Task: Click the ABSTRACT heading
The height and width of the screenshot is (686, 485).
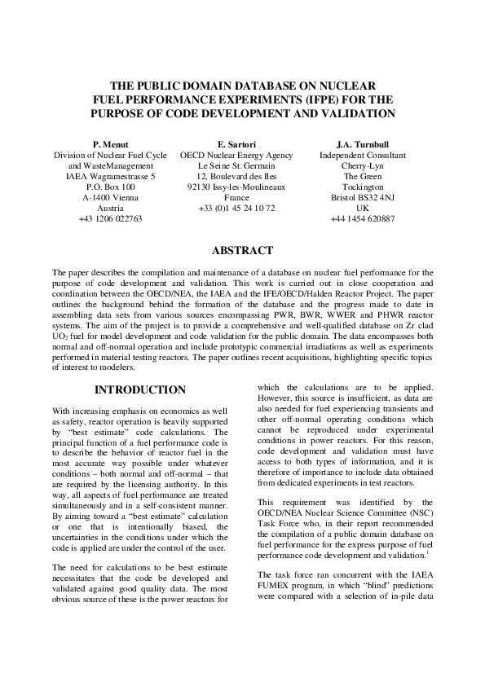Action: click(x=242, y=251)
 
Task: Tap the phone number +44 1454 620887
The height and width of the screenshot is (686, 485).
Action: click(x=363, y=219)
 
